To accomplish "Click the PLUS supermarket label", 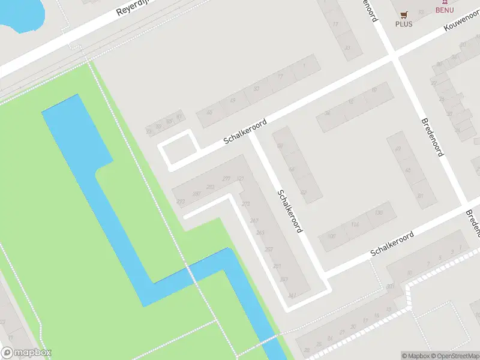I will click(x=404, y=24).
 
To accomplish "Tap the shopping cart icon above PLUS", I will click(x=404, y=14).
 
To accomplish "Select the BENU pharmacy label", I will click(x=445, y=10).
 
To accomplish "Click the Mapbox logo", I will click(x=26, y=353).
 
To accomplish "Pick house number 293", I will click(x=181, y=202).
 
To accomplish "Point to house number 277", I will click(x=226, y=179).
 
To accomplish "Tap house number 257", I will click(x=269, y=249).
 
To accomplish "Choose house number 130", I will click(x=378, y=213).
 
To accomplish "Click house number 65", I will click(x=408, y=171).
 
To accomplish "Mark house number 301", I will click(x=390, y=286).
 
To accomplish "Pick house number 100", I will click(x=332, y=236).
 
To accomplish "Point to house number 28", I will click(x=307, y=350).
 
